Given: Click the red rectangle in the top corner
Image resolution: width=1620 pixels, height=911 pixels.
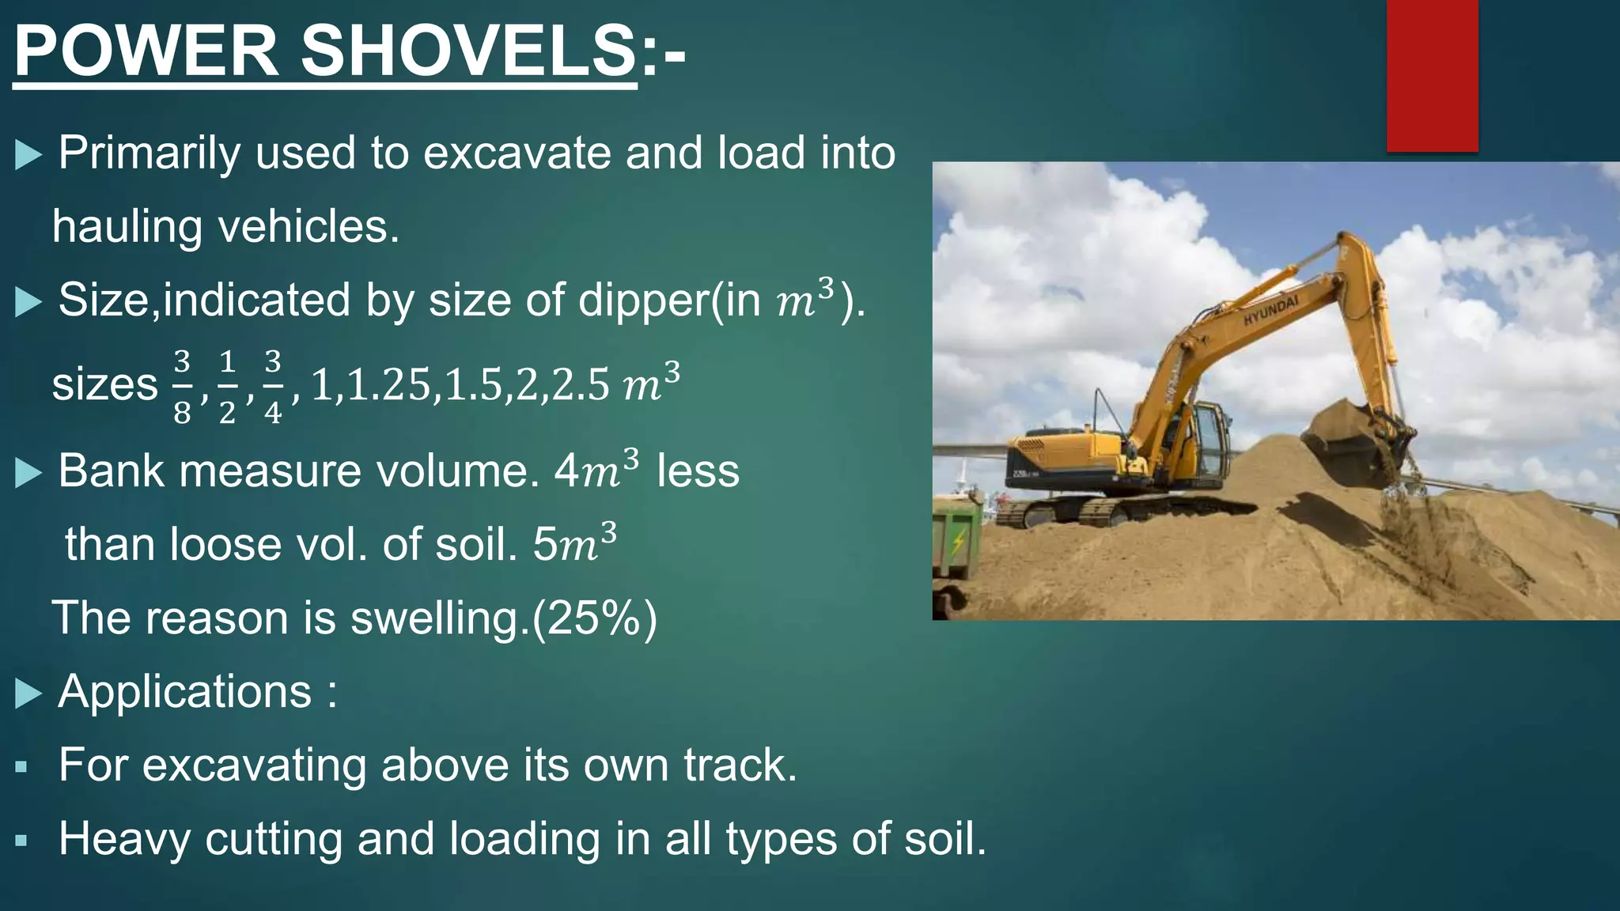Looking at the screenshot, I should tap(1432, 75).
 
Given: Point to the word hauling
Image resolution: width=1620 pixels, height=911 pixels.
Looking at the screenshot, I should tap(127, 227).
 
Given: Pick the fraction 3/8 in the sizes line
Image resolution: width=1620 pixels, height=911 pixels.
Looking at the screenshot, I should tap(182, 387).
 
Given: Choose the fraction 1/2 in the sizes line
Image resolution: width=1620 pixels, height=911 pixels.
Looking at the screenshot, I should tap(227, 387).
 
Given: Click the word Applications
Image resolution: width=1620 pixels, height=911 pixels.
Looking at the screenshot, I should tap(185, 692).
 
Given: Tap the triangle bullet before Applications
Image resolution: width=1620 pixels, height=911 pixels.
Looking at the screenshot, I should tap(28, 694).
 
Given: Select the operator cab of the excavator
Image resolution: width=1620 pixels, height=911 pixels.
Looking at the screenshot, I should tap(1206, 439).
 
